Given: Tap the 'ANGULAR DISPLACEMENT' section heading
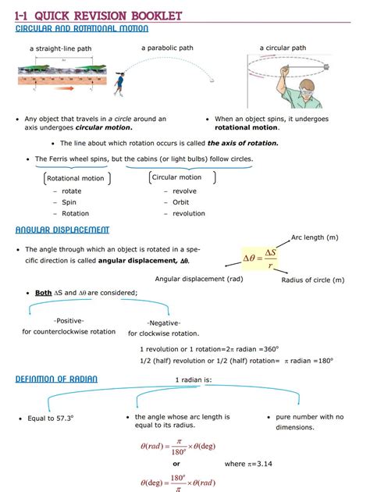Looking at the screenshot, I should tap(62, 230).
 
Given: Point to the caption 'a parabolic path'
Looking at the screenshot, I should tap(167, 48).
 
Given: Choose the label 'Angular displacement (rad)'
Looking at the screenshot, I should tap(199, 279).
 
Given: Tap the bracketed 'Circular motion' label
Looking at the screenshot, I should tap(176, 177).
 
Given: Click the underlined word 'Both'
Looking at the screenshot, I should tap(44, 293).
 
